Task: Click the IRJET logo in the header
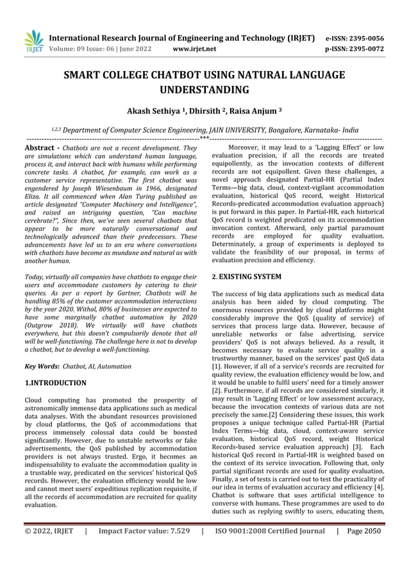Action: click(x=33, y=42)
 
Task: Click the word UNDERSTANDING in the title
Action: click(x=204, y=90)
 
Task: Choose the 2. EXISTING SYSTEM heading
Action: click(x=246, y=277)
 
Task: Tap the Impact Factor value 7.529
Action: click(x=172, y=531)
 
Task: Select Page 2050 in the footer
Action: click(x=364, y=531)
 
